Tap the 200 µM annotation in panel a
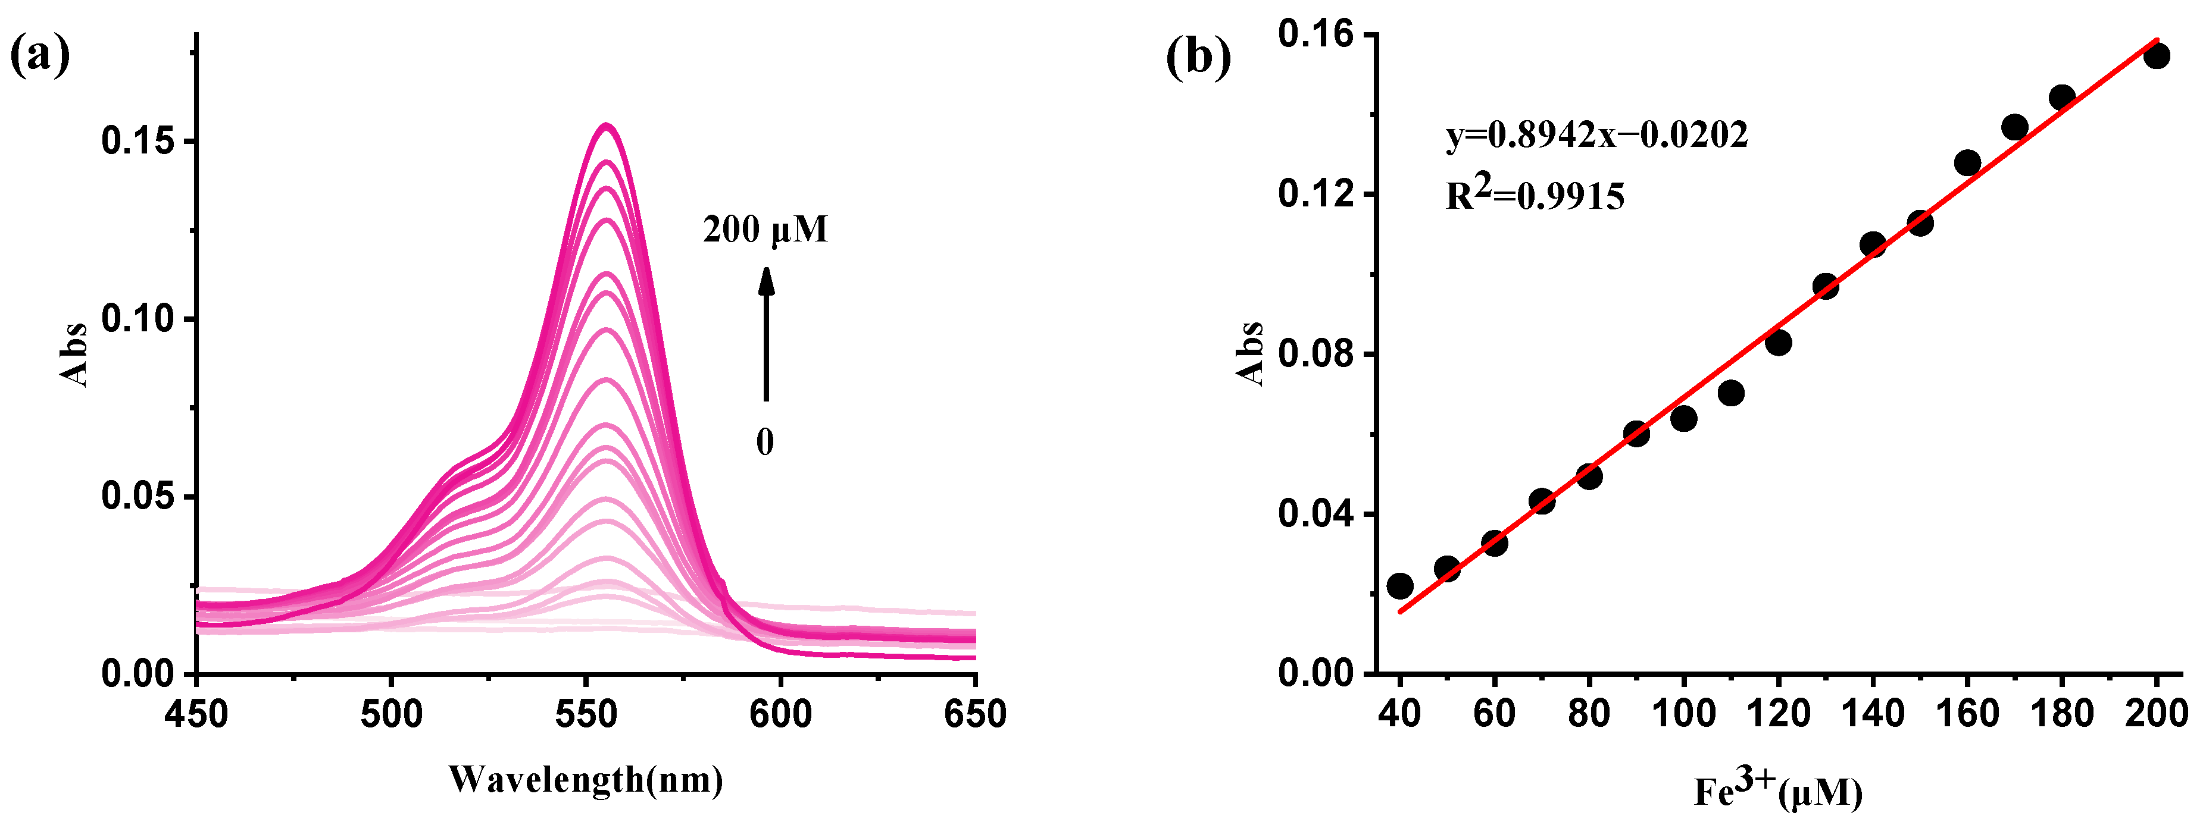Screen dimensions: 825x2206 [x=765, y=230]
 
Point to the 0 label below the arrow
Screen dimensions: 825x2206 [x=765, y=441]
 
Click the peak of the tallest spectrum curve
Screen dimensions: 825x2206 [x=607, y=126]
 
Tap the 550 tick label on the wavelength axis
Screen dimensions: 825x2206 [x=586, y=713]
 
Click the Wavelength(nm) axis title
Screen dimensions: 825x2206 [x=586, y=779]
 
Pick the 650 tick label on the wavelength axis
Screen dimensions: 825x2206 [x=974, y=713]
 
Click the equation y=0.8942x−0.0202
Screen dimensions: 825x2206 [x=1596, y=134]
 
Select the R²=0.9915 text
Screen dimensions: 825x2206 [x=1535, y=196]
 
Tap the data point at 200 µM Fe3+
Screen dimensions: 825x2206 [x=2157, y=56]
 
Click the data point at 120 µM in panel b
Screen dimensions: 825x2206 [x=1778, y=343]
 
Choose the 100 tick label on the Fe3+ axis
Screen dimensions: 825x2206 [x=1683, y=713]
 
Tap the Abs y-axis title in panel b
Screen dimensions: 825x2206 [x=1251, y=353]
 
